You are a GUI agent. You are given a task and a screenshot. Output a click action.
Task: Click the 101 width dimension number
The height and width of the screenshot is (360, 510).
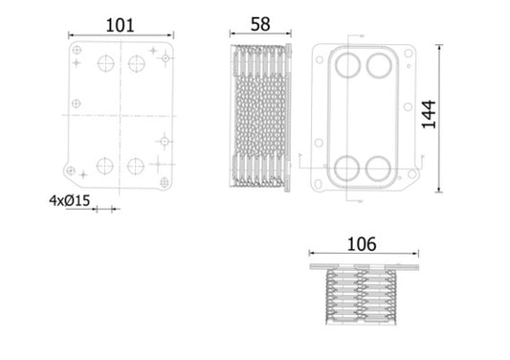point(120,26)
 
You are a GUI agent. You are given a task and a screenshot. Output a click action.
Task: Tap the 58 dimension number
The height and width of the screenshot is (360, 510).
point(260,24)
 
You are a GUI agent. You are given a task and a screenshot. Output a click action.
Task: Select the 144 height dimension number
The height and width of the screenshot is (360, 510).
point(429,115)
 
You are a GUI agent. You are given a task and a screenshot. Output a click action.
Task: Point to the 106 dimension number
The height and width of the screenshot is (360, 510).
point(362,244)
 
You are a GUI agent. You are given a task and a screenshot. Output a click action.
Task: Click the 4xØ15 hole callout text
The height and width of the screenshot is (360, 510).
point(69,200)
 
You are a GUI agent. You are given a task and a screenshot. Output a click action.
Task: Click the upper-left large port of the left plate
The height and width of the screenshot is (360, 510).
point(106,63)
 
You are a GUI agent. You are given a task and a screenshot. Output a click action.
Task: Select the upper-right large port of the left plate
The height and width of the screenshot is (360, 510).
point(137,63)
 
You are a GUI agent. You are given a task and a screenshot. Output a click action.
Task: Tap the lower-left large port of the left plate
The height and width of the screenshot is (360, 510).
point(105,166)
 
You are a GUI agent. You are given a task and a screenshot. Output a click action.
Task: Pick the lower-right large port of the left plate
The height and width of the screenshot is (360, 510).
point(136,167)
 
